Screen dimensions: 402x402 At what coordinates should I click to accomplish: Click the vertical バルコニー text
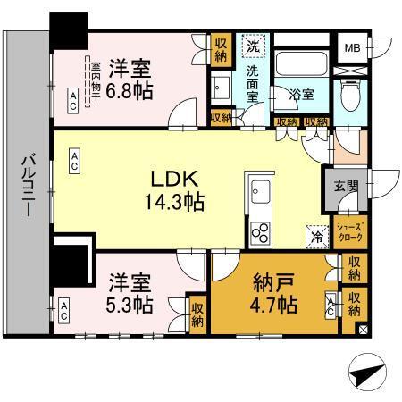pos(28,188)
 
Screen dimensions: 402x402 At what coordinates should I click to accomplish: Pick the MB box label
pos(354,46)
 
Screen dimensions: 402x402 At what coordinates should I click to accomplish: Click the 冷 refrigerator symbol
pos(316,236)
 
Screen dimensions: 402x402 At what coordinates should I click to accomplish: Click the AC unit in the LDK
pos(74,160)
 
